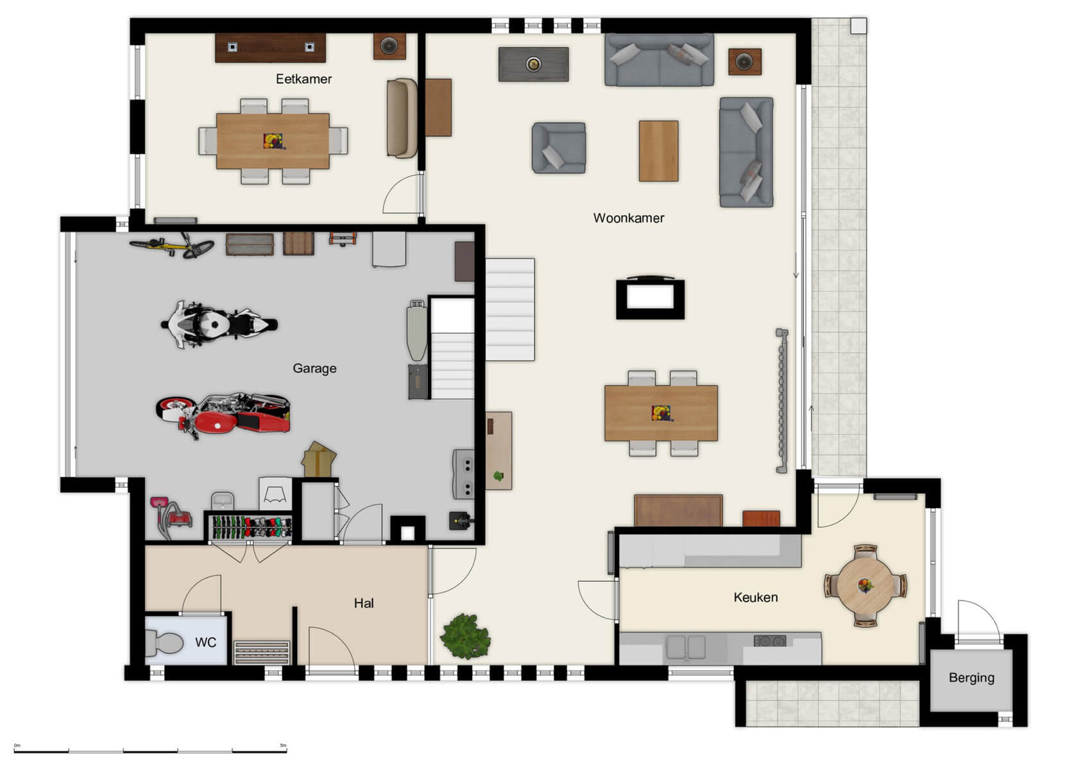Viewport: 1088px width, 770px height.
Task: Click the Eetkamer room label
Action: (303, 79)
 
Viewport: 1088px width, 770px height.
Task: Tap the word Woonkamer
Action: (628, 218)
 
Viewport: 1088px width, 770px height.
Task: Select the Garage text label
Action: (314, 368)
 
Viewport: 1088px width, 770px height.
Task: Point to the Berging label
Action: (971, 678)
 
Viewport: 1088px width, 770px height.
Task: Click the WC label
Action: (205, 642)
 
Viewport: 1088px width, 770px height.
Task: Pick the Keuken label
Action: (755, 597)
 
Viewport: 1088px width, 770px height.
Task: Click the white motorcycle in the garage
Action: (218, 324)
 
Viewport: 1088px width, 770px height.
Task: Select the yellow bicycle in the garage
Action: (172, 246)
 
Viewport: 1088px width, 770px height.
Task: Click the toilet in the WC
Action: (164, 643)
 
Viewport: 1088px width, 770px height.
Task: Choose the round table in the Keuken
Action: (865, 585)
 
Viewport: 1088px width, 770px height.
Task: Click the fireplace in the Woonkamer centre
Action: (650, 298)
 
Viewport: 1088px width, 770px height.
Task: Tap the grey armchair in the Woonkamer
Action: (558, 148)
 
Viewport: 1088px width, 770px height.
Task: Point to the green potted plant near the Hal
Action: (466, 636)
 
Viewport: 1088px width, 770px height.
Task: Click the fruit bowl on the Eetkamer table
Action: (273, 141)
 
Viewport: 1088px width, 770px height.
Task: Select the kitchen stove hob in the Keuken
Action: (770, 640)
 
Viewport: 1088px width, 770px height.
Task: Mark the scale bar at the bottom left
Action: (150, 749)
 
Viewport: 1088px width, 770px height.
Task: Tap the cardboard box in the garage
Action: (319, 459)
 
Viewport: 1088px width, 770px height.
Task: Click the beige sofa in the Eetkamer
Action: (402, 118)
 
